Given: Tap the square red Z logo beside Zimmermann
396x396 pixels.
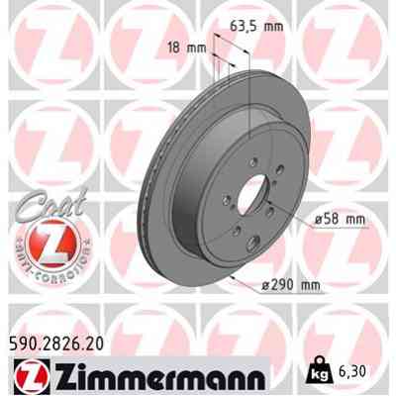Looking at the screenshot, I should tap(28, 377).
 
